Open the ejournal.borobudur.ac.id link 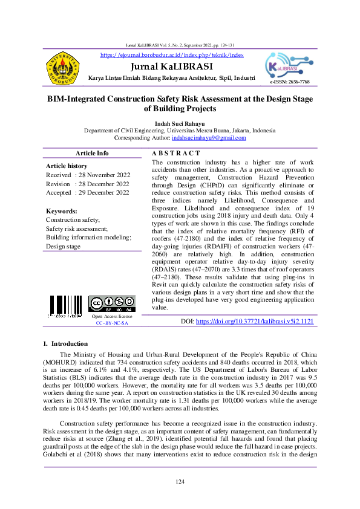click(x=172, y=55)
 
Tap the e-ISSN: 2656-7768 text click(x=290, y=82)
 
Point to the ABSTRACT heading click(x=175, y=153)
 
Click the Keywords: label click(x=62, y=211)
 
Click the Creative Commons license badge click(x=111, y=303)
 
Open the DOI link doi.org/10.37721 click(x=255, y=322)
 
